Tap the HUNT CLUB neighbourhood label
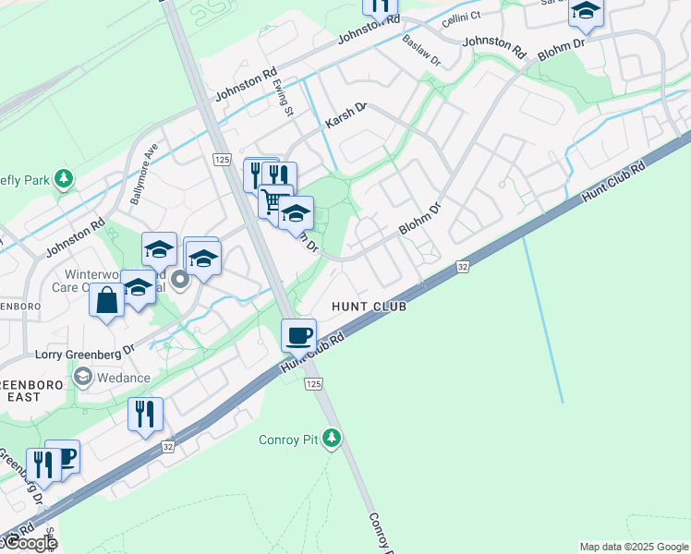369,306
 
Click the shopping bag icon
107,301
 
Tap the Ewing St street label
283,97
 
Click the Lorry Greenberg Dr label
85,352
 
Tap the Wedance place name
123,377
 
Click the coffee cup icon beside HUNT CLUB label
298,334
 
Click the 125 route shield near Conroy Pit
313,383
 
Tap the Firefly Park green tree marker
63,176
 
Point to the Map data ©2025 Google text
633,547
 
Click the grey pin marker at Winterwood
180,279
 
